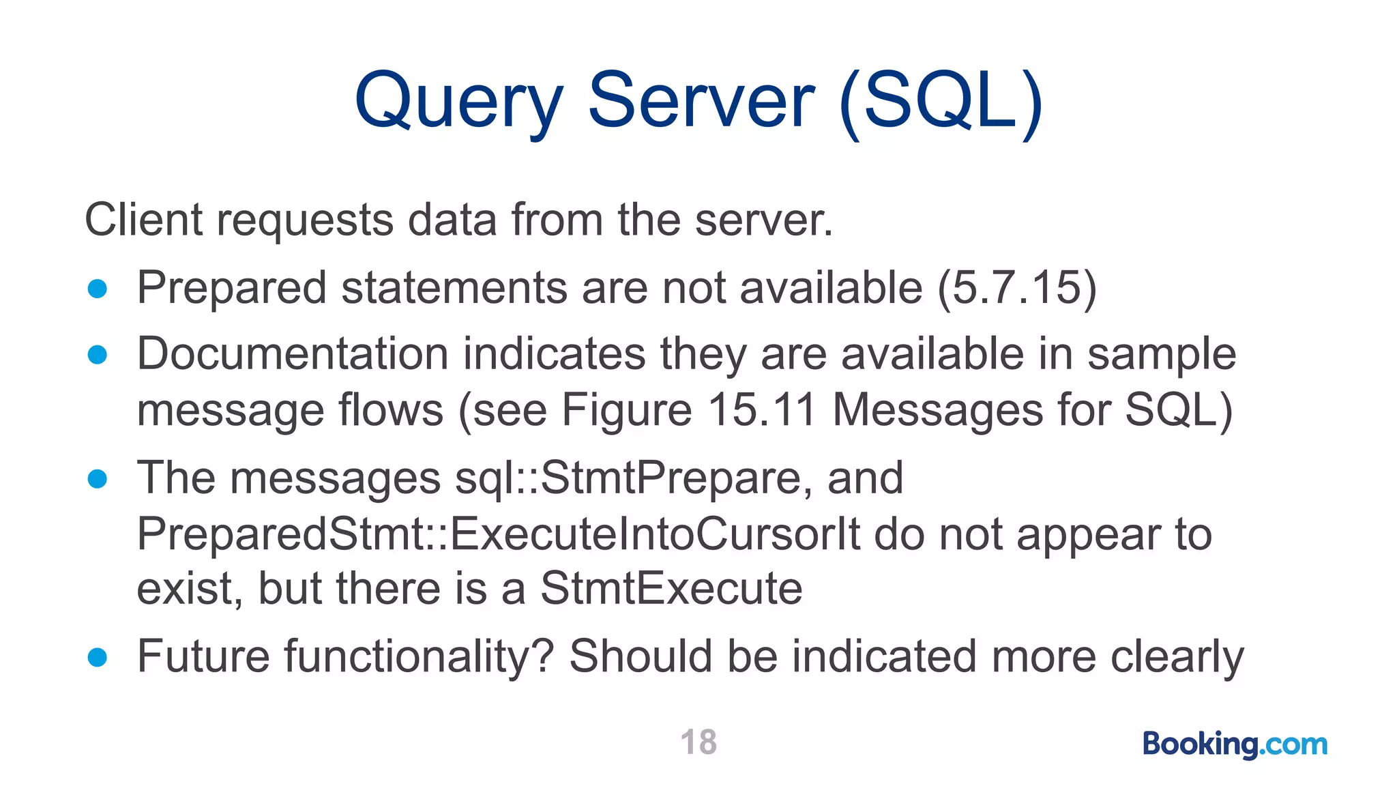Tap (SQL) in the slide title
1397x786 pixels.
pos(941,102)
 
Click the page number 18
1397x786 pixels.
pos(698,742)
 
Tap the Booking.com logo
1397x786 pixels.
pos(1235,744)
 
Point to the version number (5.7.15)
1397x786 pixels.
pos(1017,288)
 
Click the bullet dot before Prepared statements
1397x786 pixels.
pos(98,289)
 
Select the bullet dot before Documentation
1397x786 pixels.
pos(98,355)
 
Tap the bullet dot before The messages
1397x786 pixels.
pos(98,478)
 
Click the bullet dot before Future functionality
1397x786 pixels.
pos(98,657)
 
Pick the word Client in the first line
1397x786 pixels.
pos(144,220)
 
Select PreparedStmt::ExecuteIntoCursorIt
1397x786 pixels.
pos(499,534)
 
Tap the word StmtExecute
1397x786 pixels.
pos(671,589)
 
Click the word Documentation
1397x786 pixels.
pos(293,355)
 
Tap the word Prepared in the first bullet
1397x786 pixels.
pos(232,289)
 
